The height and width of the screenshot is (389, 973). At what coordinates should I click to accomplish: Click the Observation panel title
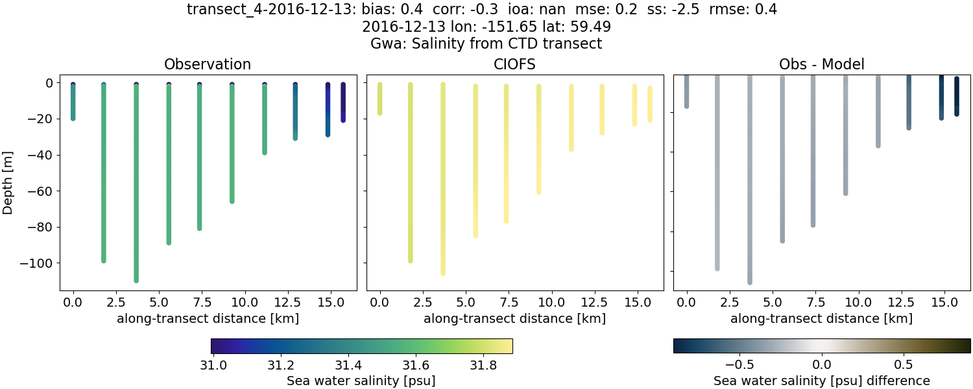tap(208, 64)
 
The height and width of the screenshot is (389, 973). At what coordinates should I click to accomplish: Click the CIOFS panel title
tap(515, 64)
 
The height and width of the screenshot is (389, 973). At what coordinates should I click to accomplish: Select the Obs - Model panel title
tap(821, 64)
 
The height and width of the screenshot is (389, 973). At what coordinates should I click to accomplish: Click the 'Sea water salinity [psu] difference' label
tap(821, 381)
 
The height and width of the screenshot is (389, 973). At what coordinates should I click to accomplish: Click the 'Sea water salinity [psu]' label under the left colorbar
tap(361, 381)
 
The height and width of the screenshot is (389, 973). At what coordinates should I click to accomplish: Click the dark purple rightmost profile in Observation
tap(343, 102)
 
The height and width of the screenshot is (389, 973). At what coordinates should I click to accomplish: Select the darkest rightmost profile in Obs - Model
tap(956, 96)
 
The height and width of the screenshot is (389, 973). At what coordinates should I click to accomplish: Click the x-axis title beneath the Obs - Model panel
tap(821, 318)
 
